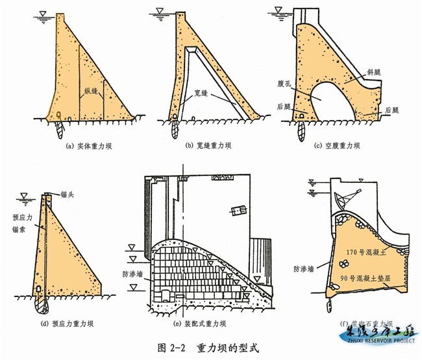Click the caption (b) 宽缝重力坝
coord(216,147)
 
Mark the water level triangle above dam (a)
coord(42,12)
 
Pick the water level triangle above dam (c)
coord(279,9)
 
